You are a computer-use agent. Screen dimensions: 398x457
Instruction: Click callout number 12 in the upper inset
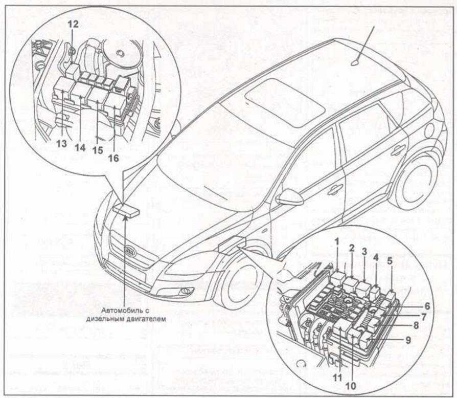[x=73, y=24]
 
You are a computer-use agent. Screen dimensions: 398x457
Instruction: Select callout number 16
[x=113, y=158]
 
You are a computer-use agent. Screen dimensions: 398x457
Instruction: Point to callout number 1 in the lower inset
[x=337, y=241]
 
